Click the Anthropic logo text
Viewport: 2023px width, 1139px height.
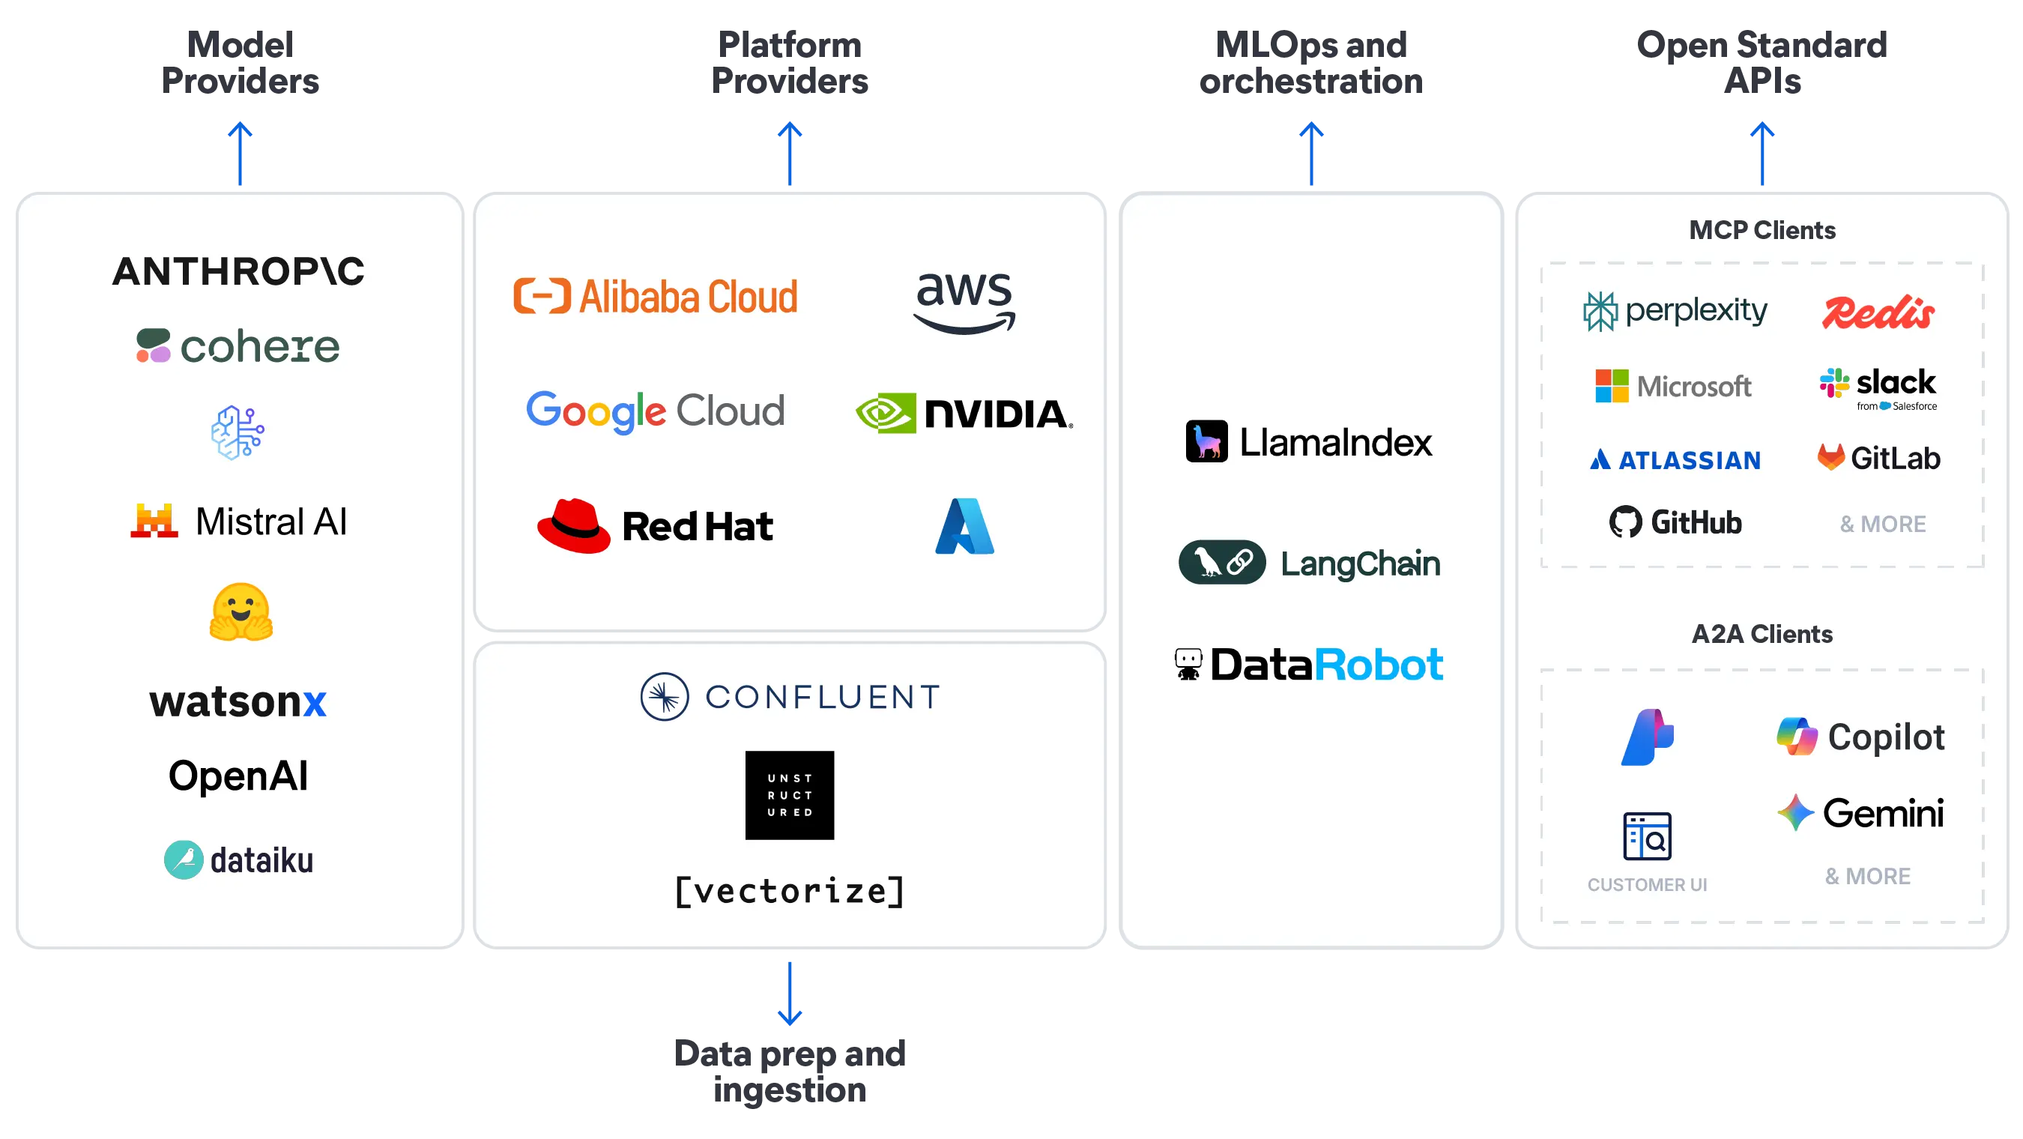[238, 271]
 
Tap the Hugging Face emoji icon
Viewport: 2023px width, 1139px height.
[241, 612]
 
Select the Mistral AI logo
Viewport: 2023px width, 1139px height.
[239, 521]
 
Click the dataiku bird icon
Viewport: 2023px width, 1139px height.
[184, 859]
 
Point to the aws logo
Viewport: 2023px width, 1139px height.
[964, 302]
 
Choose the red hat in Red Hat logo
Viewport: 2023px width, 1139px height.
[573, 525]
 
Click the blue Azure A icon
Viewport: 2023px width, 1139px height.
[964, 525]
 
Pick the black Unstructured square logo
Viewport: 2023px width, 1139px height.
[789, 795]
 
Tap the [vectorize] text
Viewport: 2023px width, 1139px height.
[789, 891]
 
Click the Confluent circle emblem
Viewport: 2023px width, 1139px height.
[665, 696]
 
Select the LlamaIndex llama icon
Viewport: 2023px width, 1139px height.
[1206, 441]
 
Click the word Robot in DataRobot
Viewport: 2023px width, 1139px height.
[1378, 665]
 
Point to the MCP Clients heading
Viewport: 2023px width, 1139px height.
[1762, 229]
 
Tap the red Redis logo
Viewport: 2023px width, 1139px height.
[1878, 312]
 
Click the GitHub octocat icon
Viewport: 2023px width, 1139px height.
[1625, 522]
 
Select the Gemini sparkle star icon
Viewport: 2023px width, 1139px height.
[1795, 812]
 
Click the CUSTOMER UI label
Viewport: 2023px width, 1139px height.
[1647, 884]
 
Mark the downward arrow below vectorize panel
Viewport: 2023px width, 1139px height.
[790, 994]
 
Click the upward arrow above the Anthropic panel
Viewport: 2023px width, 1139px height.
[241, 152]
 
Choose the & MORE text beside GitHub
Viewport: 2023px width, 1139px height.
[1882, 524]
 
